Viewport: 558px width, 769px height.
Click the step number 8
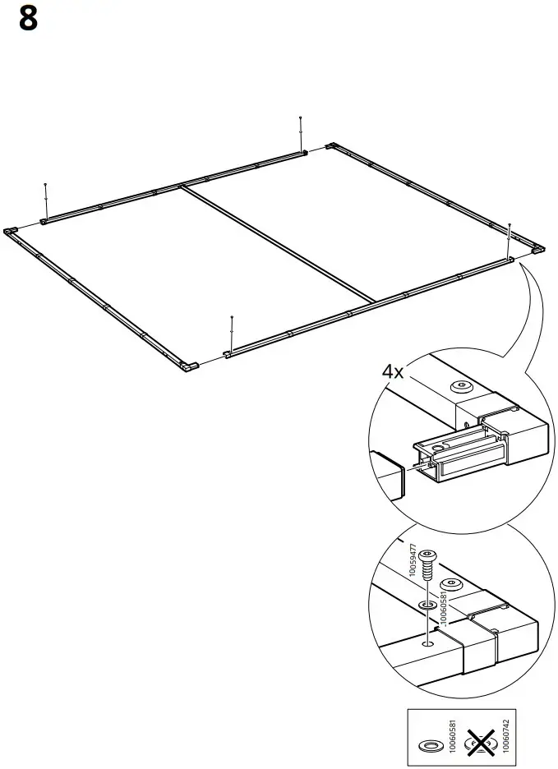pos(27,19)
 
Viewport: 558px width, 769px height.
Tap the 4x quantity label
pos(393,371)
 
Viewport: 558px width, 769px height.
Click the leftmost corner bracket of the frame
pos(11,232)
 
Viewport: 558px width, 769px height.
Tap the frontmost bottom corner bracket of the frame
pos(190,366)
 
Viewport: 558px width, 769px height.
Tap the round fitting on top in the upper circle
pos(461,385)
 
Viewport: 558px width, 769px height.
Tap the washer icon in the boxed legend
pos(430,746)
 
